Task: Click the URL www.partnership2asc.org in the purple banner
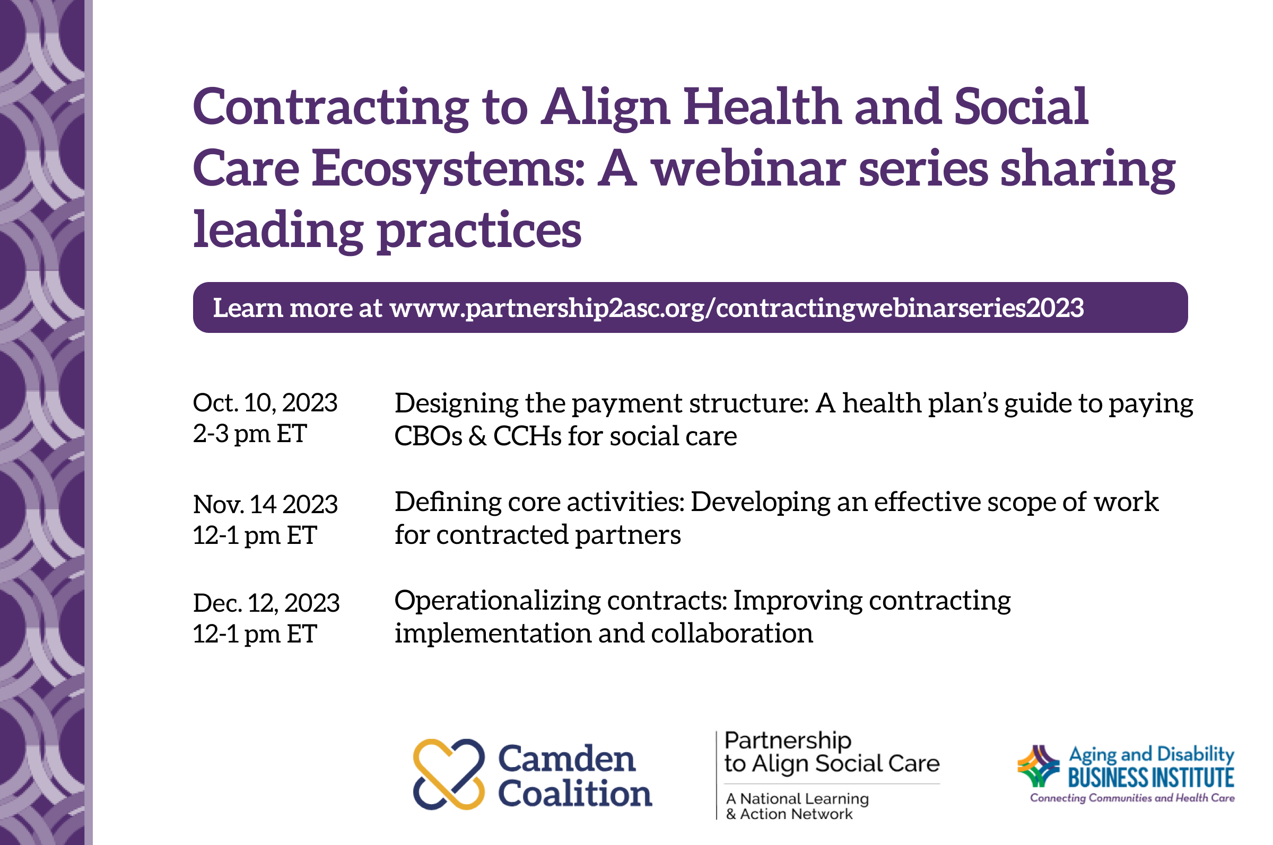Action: click(547, 308)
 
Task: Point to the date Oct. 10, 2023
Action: click(265, 403)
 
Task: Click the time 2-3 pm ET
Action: click(250, 434)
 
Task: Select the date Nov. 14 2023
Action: click(265, 505)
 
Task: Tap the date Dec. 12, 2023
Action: click(266, 603)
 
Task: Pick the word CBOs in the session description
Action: click(428, 436)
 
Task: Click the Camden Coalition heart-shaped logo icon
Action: click(449, 774)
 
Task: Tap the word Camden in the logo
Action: click(566, 759)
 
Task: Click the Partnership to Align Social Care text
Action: click(831, 753)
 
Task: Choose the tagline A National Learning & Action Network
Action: click(797, 806)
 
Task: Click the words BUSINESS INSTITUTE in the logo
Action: click(1150, 778)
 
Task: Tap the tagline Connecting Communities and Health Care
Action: click(1132, 798)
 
